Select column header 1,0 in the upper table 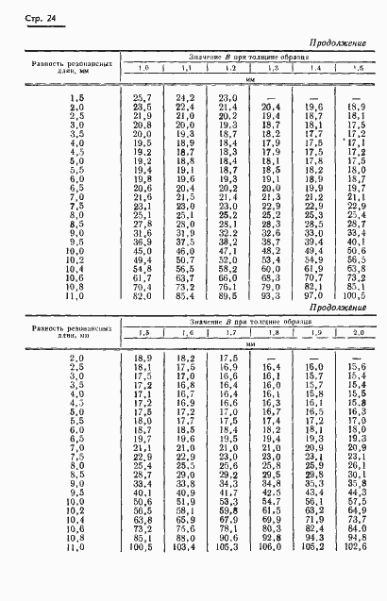[143, 69]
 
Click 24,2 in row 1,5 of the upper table [185, 98]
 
